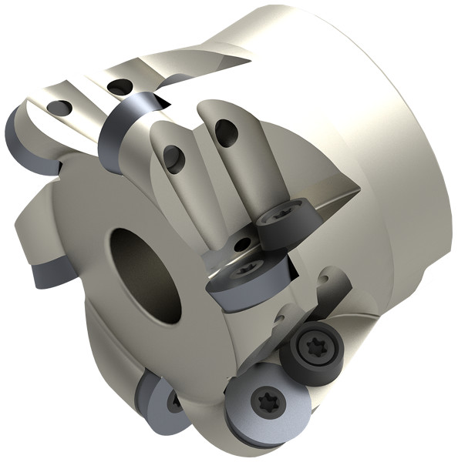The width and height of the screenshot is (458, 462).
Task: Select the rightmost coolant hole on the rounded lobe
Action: click(226, 132)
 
